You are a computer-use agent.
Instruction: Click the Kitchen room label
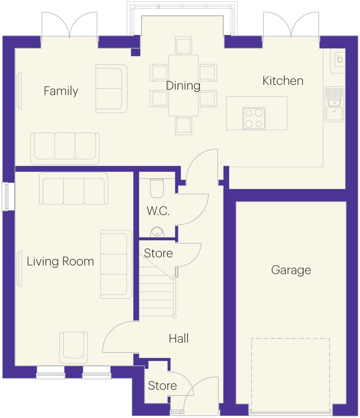283,81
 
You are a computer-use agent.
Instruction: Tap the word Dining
183,86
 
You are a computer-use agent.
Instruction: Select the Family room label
61,91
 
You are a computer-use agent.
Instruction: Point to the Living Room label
60,261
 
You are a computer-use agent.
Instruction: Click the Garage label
291,270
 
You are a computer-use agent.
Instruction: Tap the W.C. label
158,211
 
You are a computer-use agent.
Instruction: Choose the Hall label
179,338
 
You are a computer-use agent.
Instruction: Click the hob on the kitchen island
254,119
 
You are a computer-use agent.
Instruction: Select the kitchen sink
334,104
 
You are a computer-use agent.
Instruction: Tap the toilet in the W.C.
157,188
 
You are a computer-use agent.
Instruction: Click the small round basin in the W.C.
157,232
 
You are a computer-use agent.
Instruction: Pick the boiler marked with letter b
338,61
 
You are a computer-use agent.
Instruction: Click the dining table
183,86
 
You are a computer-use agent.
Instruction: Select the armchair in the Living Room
73,347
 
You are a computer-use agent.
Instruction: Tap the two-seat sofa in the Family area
111,89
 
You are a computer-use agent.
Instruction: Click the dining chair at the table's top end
183,45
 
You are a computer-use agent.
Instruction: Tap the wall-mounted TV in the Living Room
19,269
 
